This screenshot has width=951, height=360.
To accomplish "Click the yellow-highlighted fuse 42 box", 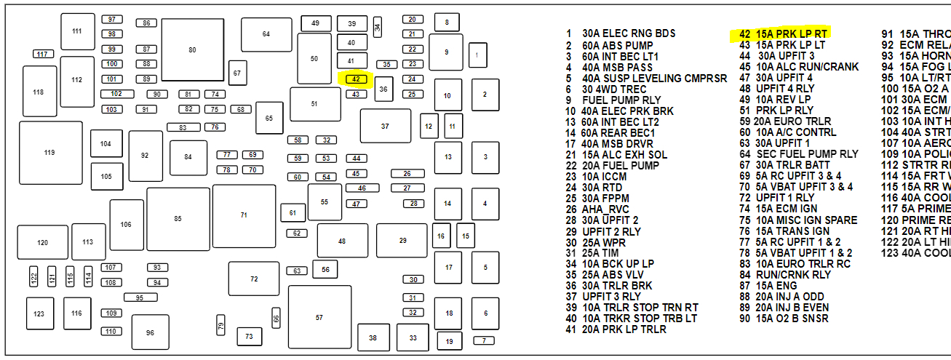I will [357, 79].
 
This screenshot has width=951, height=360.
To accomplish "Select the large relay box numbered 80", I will [192, 50].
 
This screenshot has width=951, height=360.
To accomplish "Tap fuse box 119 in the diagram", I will [49, 153].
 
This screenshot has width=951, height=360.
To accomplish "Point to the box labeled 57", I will [319, 317].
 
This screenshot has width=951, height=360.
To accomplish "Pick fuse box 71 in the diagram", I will [244, 215].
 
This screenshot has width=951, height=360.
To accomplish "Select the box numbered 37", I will [385, 126].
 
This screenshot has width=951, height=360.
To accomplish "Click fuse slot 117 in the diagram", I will [43, 54].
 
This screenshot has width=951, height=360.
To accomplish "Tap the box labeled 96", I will [150, 332].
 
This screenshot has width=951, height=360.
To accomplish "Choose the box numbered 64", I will [266, 34].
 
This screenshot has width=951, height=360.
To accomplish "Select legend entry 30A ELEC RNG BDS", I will [628, 33].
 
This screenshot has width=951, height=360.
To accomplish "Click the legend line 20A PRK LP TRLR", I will [624, 329].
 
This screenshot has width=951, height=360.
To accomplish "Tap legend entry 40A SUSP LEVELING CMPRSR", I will [653, 78].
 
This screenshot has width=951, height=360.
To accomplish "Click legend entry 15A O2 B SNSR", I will [792, 319].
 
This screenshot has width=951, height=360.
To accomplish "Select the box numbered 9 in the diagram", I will [446, 52].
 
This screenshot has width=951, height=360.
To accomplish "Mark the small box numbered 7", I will [483, 340].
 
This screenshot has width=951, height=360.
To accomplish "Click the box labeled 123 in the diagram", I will [39, 313].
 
